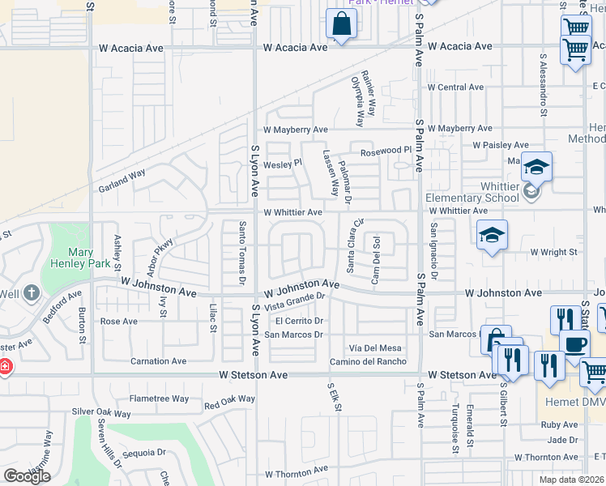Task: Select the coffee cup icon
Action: pos(574,343)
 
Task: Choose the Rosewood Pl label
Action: pos(386,151)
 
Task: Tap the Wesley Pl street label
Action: pos(283,163)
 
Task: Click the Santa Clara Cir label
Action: pos(356,245)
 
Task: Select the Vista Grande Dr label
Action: pos(294,301)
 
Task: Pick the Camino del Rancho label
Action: pos(367,361)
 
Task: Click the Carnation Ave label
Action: pos(159,361)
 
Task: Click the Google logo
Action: pos(27,476)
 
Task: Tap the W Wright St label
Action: pos(553,252)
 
